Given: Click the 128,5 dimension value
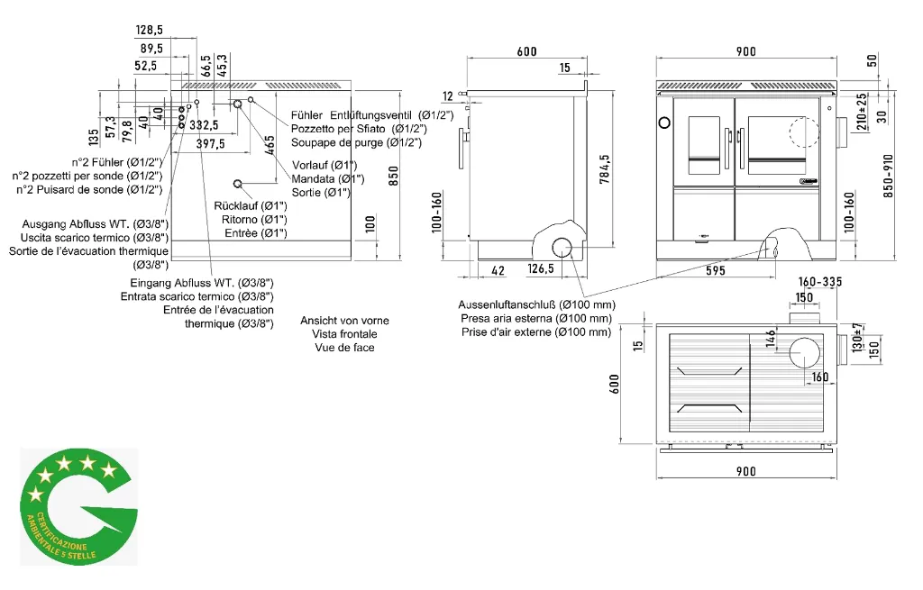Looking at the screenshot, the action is pyautogui.click(x=149, y=30).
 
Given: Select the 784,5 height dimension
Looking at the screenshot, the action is pyautogui.click(x=605, y=168).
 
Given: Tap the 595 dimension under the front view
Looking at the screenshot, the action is pyautogui.click(x=715, y=270).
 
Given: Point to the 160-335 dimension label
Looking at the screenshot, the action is pyautogui.click(x=820, y=282).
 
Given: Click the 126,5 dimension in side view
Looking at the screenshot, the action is pyautogui.click(x=541, y=268).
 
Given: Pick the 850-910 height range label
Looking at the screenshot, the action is pyautogui.click(x=888, y=176).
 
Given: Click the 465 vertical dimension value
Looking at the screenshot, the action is pyautogui.click(x=270, y=145).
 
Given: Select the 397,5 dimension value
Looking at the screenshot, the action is pyautogui.click(x=210, y=143).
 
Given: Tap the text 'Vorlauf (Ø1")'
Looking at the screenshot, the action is pyautogui.click(x=324, y=166).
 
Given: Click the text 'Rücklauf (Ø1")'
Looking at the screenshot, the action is pyautogui.click(x=251, y=206).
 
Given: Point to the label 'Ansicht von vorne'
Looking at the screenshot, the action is pyautogui.click(x=344, y=321).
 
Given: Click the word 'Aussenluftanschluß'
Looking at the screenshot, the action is pyautogui.click(x=507, y=304).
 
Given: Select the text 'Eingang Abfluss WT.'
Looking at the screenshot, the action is pyautogui.click(x=182, y=283).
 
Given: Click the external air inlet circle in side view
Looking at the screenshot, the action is pyautogui.click(x=562, y=248).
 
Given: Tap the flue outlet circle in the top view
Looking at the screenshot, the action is pyautogui.click(x=805, y=352).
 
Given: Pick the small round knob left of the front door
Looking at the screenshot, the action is pyautogui.click(x=664, y=123).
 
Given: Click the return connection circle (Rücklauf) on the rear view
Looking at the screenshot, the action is pyautogui.click(x=238, y=184).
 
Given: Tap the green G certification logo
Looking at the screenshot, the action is pyautogui.click(x=79, y=507).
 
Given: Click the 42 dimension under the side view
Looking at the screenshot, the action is pyautogui.click(x=498, y=270).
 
